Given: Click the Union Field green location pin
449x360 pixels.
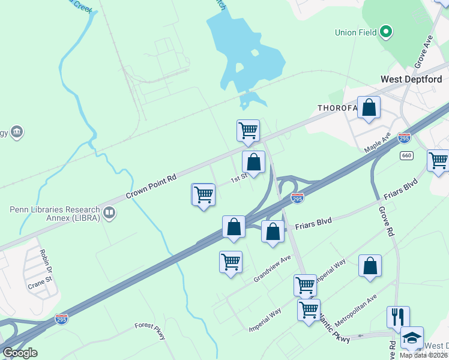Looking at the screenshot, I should pyautogui.click(x=386, y=31).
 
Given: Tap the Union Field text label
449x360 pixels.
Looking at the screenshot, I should pyautogui.click(x=357, y=31).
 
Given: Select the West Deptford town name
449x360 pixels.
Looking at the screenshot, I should pyautogui.click(x=411, y=79).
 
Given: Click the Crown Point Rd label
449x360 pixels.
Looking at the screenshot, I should pyautogui.click(x=151, y=187).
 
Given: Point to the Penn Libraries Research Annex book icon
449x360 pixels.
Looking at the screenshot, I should pyautogui.click(x=109, y=212).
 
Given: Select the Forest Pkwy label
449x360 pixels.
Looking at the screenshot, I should pyautogui.click(x=150, y=331).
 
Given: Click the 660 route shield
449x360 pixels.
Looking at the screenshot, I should pyautogui.click(x=407, y=155).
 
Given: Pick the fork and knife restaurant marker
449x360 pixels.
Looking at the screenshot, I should pyautogui.click(x=398, y=317).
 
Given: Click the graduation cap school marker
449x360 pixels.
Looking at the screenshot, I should pyautogui.click(x=412, y=338).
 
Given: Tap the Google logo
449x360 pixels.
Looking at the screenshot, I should pyautogui.click(x=20, y=353).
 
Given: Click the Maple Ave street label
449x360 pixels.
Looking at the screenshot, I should pyautogui.click(x=378, y=142).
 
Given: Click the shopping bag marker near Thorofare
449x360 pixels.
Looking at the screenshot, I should pyautogui.click(x=369, y=108).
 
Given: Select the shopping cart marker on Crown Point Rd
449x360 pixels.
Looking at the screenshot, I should pyautogui.click(x=248, y=130).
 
